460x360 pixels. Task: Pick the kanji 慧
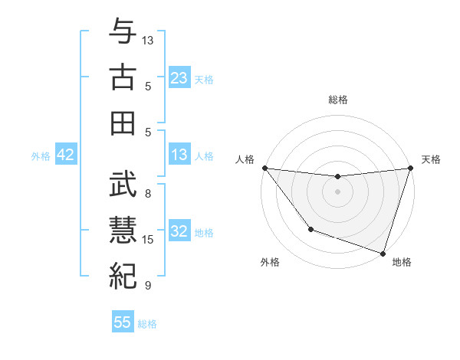[x=123, y=229]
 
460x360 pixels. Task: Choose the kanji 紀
[x=123, y=275]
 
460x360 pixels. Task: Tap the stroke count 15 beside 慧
[x=149, y=240]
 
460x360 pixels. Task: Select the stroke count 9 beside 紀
[x=148, y=286]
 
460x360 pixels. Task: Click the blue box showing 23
[x=179, y=77]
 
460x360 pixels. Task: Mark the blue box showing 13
[x=179, y=155]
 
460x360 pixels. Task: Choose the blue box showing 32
[x=179, y=232]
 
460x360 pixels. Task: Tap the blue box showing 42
[x=66, y=155]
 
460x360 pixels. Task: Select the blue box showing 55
[x=123, y=322]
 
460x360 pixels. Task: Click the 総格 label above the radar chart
[x=337, y=100]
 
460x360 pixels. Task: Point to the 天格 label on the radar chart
[x=432, y=159]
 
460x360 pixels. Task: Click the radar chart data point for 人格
[x=264, y=168]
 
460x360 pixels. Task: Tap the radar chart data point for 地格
[x=383, y=253]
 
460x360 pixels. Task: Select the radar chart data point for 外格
[x=310, y=229]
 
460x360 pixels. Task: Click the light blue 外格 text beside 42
[x=41, y=156]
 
